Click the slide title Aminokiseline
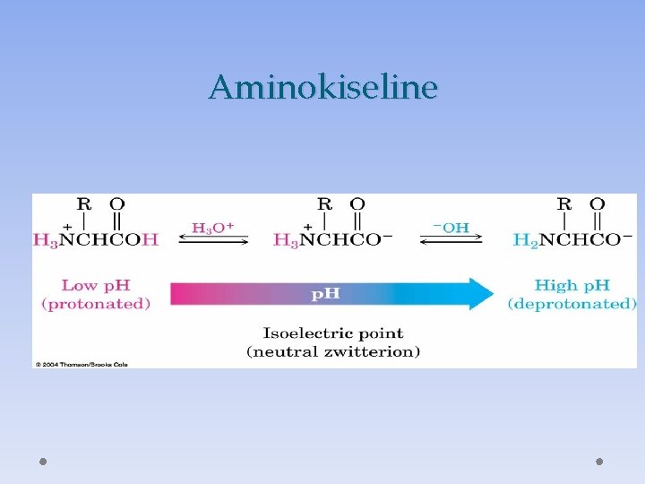point(322,88)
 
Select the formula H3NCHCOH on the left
point(95,240)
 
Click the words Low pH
point(96,286)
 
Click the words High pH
point(572,286)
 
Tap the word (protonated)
point(96,304)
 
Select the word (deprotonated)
point(572,304)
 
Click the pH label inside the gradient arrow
point(325,293)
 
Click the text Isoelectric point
point(332,334)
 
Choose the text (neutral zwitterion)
point(332,351)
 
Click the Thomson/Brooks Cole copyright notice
point(82,364)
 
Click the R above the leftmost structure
point(84,204)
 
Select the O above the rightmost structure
point(598,204)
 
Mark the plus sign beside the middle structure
point(308,228)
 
